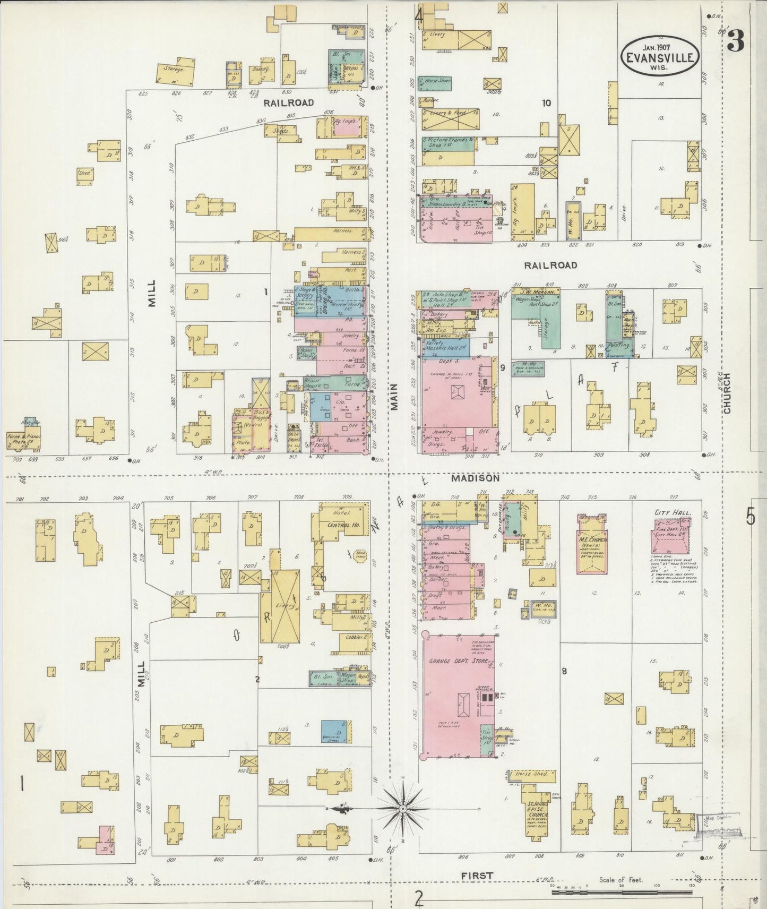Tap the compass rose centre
403,809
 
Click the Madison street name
475,478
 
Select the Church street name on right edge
726,393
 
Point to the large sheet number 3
735,41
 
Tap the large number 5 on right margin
750,516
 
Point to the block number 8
564,671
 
